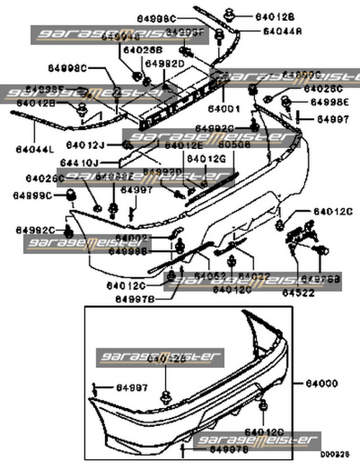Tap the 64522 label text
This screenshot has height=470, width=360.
297,293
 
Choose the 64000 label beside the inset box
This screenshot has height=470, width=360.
322,384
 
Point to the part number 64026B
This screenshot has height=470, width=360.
143,50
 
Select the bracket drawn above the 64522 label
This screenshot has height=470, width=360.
301,236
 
